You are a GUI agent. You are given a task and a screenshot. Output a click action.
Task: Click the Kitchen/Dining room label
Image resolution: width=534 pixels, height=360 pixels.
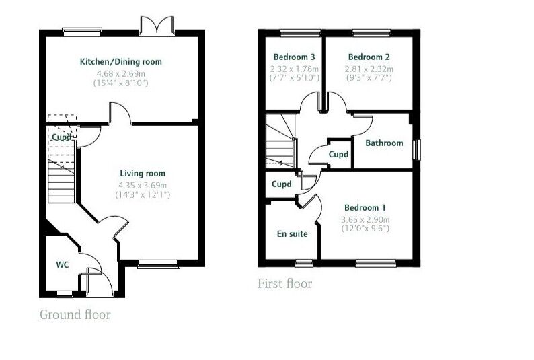(x=121, y=62)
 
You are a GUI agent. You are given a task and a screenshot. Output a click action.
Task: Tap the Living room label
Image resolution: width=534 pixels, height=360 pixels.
(x=143, y=174)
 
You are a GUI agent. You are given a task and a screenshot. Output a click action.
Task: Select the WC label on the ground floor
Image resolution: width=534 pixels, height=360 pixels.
(x=63, y=264)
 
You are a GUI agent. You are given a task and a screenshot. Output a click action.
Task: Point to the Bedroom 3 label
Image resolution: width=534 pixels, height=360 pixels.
(x=291, y=57)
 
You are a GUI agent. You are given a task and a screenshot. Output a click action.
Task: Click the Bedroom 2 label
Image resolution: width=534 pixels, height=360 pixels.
(x=368, y=57)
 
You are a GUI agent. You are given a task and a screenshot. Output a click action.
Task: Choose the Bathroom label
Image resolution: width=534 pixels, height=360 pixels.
(x=384, y=143)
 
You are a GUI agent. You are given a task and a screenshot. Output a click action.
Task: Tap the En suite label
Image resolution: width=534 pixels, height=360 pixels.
(x=293, y=234)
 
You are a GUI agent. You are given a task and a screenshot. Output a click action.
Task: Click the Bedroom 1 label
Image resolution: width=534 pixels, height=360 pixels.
(x=366, y=208)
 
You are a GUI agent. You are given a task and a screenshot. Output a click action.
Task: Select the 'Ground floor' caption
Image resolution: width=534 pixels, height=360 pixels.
(x=75, y=315)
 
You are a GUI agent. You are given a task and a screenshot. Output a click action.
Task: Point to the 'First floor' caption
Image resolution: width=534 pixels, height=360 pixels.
(x=285, y=284)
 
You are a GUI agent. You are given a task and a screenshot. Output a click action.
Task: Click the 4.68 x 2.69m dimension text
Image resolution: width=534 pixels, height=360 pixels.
(x=121, y=73)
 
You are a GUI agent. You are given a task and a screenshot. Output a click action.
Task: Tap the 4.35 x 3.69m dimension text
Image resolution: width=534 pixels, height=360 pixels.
(x=143, y=185)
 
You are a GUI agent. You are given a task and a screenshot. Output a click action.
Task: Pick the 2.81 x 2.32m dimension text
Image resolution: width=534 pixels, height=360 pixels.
(x=369, y=68)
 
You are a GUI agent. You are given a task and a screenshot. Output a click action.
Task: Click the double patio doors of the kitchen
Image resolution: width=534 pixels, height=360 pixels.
(x=157, y=27)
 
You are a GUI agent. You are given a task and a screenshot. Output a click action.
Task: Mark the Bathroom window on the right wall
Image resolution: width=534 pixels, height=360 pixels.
(x=416, y=149)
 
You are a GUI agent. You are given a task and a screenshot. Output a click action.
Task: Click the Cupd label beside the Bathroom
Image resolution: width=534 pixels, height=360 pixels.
(x=339, y=155)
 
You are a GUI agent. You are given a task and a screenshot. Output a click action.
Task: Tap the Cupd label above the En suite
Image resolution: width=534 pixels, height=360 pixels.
(x=282, y=184)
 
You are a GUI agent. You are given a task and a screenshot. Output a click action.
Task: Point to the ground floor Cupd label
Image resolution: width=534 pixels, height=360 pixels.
(x=61, y=137)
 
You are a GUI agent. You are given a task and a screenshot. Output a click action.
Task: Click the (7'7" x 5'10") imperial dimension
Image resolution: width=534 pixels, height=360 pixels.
(x=291, y=78)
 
